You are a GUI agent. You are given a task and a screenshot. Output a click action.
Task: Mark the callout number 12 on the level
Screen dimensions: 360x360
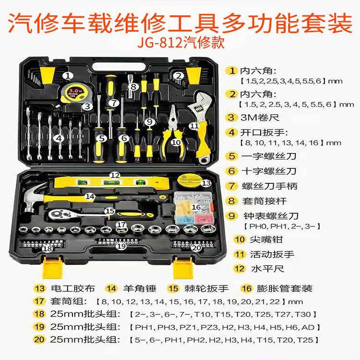coord(114,176)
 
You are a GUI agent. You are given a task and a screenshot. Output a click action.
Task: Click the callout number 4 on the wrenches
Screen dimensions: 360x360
coord(58,138)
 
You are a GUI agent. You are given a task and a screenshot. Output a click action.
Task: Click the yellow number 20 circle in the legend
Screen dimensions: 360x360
coord(39,340)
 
